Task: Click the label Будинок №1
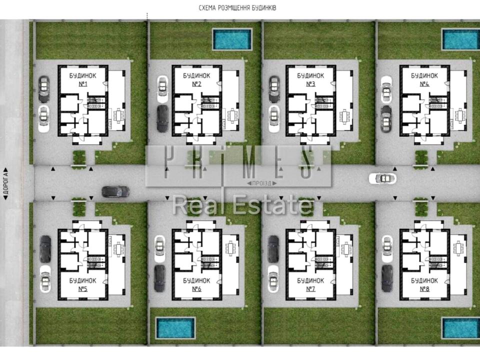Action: coord(82,79)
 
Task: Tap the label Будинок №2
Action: coord(196,79)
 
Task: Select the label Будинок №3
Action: coord(310,79)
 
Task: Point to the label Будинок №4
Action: coord(424,79)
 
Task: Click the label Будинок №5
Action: coord(82,284)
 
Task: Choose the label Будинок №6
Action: coord(196,284)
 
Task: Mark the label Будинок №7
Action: coord(310,284)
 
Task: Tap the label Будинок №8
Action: coord(424,284)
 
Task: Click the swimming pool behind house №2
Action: coord(232,39)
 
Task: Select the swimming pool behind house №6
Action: coord(175,328)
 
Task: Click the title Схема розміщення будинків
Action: coord(237,8)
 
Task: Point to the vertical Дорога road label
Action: coord(5,183)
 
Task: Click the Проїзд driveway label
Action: coord(262,183)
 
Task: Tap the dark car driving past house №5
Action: coord(115,192)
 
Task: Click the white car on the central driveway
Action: coord(382,178)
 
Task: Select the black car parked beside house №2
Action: coord(162,119)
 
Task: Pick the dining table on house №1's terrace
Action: coord(118,115)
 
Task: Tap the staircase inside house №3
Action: coord(324,102)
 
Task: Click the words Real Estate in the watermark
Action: coord(242,205)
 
